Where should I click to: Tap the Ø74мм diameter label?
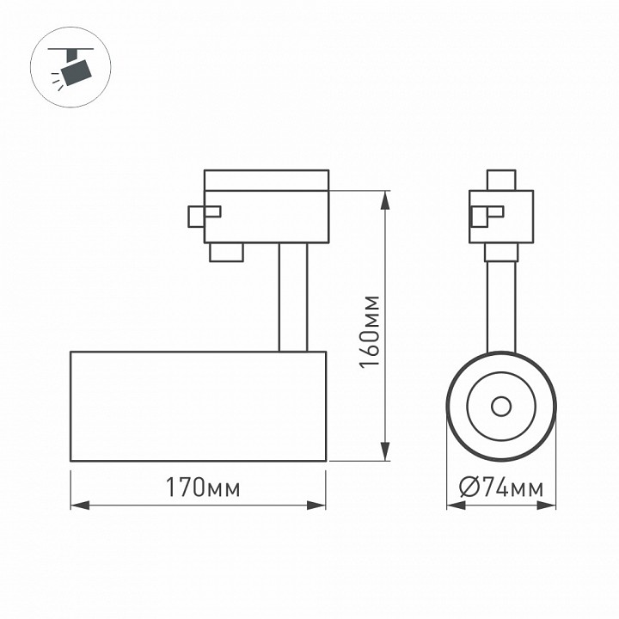(501, 488)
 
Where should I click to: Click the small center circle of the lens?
(501, 406)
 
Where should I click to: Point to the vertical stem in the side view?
(292, 297)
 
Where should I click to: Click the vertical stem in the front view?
(501, 305)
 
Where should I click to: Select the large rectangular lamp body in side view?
(198, 406)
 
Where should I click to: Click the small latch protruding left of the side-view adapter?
(197, 216)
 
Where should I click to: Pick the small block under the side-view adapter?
(225, 251)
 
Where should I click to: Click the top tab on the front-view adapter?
(501, 181)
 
